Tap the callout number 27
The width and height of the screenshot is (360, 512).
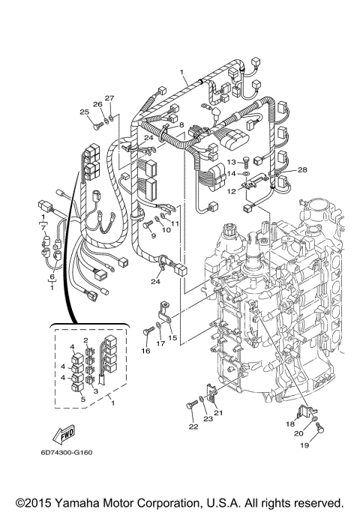coord(109,98)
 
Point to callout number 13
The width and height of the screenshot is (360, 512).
coord(232,161)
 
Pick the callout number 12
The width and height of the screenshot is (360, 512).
coord(231,191)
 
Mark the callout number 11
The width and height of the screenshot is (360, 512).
coord(176,223)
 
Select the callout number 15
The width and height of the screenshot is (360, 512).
coord(172,339)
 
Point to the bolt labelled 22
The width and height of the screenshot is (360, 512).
coord(189,406)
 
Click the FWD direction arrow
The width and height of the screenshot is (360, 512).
coord(62,433)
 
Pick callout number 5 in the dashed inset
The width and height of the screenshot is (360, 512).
coord(83,400)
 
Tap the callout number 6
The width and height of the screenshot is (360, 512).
coord(52,277)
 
